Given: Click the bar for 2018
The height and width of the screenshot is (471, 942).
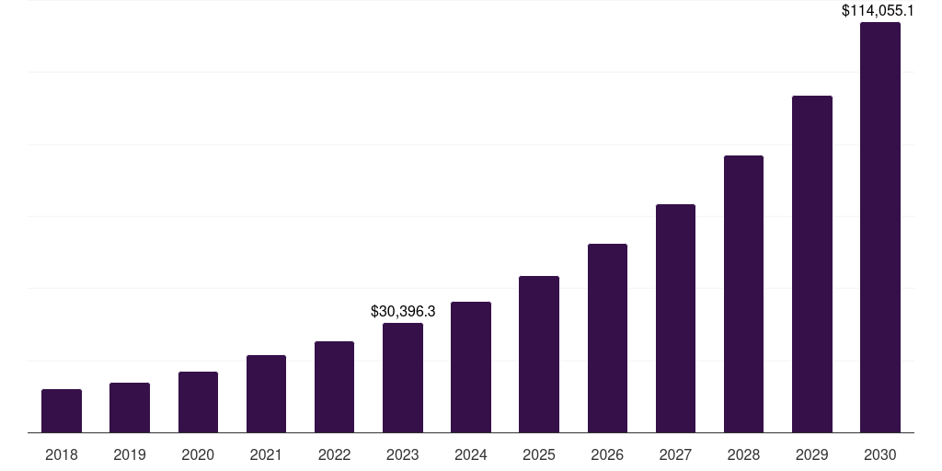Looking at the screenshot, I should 62,411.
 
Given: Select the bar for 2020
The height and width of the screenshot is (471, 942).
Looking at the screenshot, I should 198,402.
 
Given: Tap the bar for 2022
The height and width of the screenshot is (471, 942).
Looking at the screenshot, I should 334,387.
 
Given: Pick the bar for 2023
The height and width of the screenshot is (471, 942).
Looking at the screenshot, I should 403,378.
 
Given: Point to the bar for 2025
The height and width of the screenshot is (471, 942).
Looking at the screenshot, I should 539,354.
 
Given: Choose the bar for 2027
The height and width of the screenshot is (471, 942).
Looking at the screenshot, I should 675,318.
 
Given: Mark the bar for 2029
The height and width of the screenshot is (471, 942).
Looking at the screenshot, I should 811,264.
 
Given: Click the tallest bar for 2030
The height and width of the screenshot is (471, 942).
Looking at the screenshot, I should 880,227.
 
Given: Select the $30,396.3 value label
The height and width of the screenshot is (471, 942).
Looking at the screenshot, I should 403,312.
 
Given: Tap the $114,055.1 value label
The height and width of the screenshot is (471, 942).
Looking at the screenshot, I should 879,11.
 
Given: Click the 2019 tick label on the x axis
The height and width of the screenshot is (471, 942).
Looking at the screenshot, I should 130,454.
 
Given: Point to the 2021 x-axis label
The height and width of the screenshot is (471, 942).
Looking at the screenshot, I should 266,454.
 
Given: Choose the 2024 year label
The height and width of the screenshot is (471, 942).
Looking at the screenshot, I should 471,454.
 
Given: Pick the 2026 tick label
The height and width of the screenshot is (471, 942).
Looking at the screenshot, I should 607,454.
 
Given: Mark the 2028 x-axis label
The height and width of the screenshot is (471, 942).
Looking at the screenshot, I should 743,454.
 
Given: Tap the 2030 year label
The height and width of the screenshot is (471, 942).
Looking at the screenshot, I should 880,454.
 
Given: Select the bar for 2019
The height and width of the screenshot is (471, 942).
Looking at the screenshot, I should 130,408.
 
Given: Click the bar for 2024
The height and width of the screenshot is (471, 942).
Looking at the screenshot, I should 471,367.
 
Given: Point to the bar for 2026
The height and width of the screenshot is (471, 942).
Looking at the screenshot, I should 607,339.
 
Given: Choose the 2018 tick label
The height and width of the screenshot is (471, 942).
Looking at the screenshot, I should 62,454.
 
